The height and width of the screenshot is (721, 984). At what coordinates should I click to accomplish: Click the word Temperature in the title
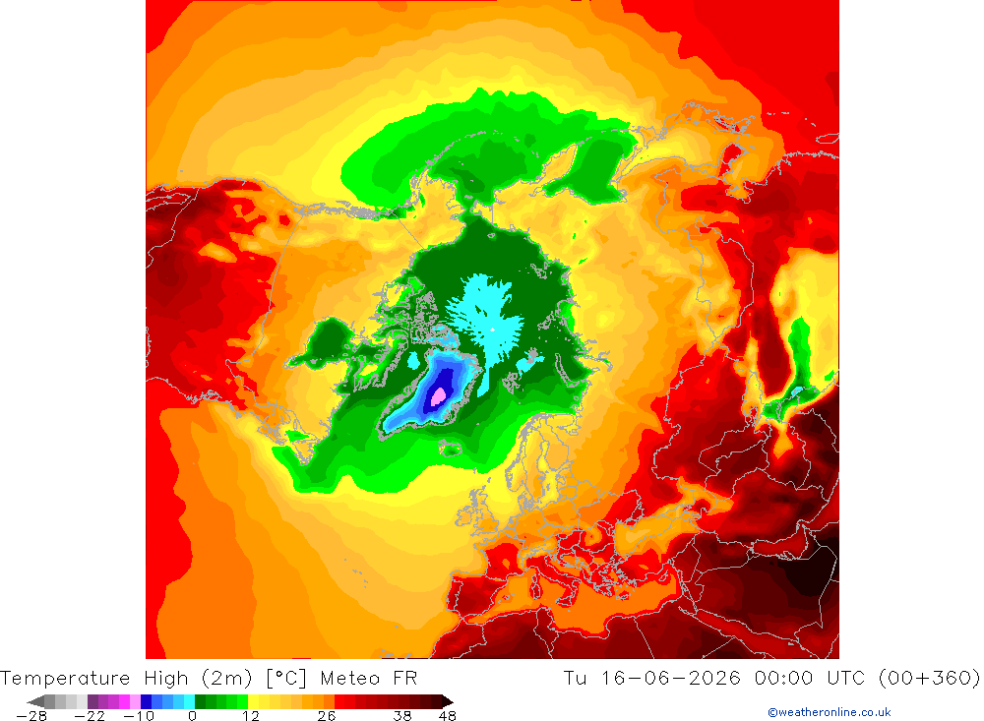point(65,679)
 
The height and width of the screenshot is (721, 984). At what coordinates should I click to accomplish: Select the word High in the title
point(166,679)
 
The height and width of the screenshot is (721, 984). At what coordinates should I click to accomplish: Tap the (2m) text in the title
point(227,679)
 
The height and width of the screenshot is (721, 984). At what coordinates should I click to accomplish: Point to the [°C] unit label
point(286,679)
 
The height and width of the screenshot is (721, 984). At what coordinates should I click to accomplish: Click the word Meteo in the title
point(350,679)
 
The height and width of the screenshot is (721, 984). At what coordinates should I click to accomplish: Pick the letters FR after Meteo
point(405,679)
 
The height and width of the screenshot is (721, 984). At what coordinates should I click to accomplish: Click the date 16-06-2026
point(671,679)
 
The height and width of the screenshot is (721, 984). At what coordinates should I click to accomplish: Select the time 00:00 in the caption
point(784,679)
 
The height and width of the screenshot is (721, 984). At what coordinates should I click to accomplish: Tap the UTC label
point(846,679)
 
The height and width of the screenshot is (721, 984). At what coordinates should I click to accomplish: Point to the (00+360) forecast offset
point(930,679)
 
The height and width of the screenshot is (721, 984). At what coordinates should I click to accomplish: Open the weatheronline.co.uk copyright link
point(829,712)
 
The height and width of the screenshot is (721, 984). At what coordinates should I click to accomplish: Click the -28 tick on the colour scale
point(31,716)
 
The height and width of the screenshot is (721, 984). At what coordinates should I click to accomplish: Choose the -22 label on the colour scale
point(90,716)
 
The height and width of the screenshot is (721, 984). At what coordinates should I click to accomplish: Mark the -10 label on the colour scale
point(138,716)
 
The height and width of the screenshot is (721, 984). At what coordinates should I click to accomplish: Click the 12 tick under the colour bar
point(250,716)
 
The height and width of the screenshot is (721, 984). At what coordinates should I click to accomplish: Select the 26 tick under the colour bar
point(327,716)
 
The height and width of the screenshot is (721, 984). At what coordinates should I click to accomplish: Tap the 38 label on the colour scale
point(402,716)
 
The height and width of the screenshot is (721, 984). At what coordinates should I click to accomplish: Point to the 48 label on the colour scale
point(448,716)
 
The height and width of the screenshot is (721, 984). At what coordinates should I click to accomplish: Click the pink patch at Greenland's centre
point(439,396)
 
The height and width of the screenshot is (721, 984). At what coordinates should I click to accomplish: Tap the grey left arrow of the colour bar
point(36,701)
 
